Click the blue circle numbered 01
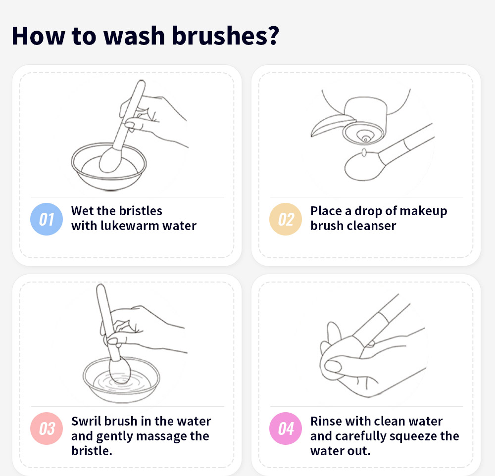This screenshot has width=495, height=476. point(47,219)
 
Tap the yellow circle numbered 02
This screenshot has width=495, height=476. point(286,219)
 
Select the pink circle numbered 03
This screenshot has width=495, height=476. point(47,428)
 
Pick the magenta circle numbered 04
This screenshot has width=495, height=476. point(286,428)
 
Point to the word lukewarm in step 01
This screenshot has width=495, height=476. point(130,226)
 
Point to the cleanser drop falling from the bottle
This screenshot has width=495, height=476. point(364,152)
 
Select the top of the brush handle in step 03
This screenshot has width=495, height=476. point(100,289)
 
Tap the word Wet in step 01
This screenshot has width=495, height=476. point(82,211)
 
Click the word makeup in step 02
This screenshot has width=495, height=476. point(423,211)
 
